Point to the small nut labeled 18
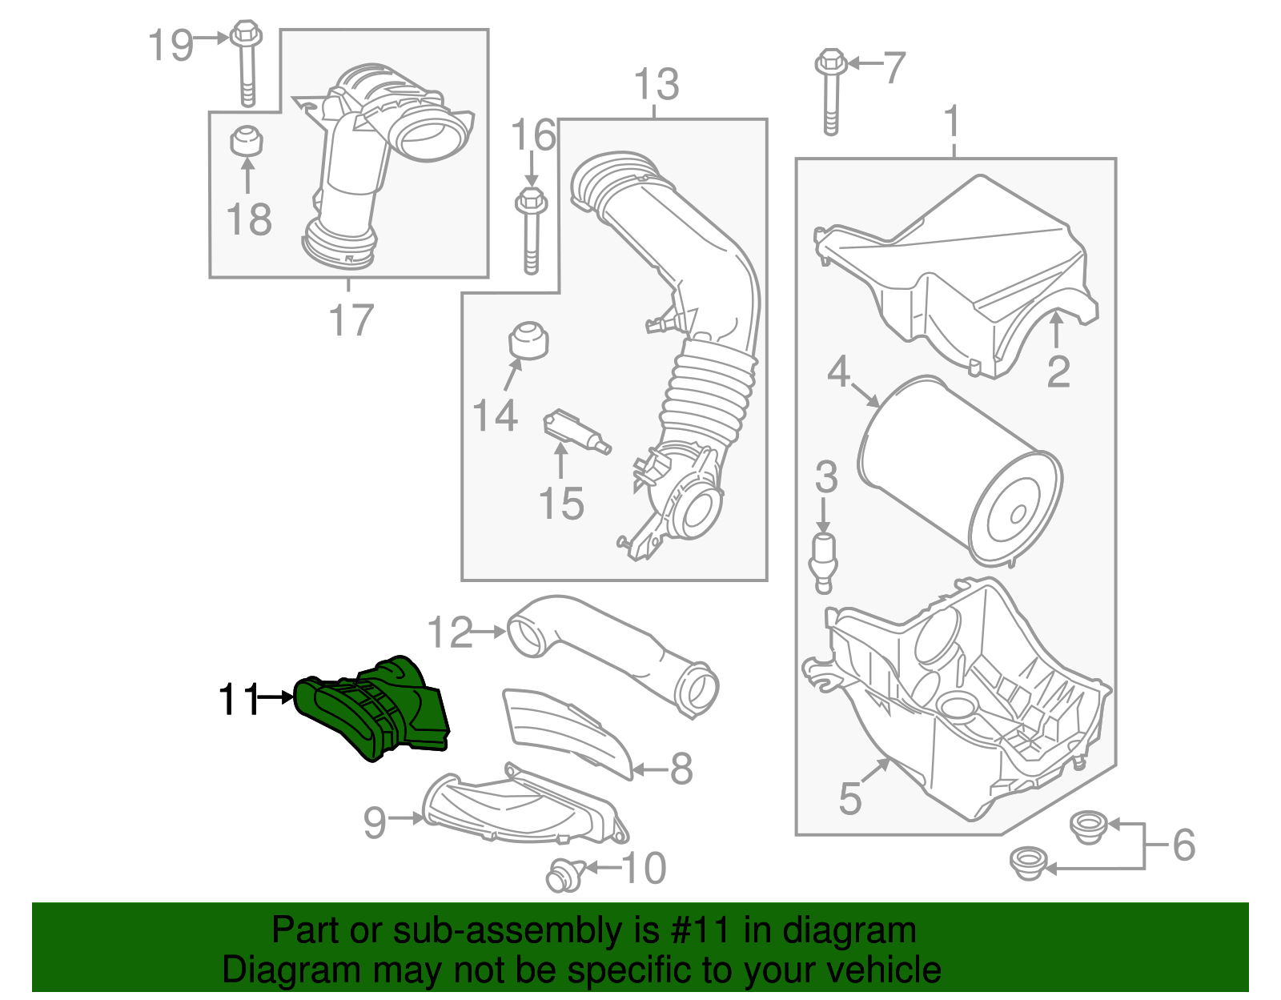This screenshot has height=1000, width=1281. coord(247,142)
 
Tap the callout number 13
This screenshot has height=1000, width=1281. coord(656,85)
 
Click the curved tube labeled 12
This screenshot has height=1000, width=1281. coord(608,653)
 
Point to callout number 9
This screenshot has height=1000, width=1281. coord(375,821)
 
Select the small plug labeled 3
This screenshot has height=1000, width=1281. coord(824,560)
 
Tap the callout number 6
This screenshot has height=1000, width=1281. coord(1183,845)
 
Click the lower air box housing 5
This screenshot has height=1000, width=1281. coord(961,721)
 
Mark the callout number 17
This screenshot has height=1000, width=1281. coord(351,320)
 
